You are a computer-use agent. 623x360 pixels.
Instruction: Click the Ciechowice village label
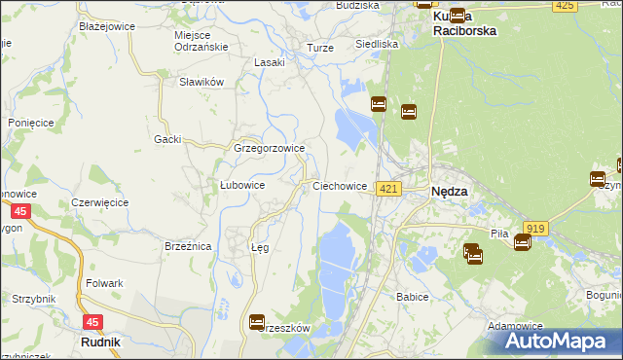340,186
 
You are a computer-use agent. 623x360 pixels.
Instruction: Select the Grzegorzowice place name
270,148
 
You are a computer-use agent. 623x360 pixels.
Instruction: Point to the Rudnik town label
99,342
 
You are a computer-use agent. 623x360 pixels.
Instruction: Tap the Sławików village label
202,82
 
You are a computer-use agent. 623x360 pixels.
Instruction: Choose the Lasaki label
269,62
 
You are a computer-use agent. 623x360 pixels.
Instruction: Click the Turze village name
319,48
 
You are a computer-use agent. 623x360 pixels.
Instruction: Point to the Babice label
413,296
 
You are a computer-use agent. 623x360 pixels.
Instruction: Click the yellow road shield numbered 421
388,188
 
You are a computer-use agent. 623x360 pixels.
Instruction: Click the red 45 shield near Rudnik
92,321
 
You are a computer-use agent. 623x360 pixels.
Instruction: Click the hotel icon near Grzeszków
257,321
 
